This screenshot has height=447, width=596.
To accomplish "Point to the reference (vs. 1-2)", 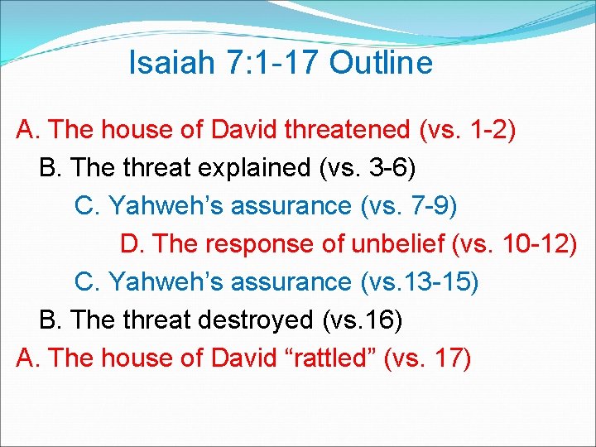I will [x=468, y=130].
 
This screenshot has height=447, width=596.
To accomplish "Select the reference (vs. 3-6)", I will [x=368, y=168].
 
